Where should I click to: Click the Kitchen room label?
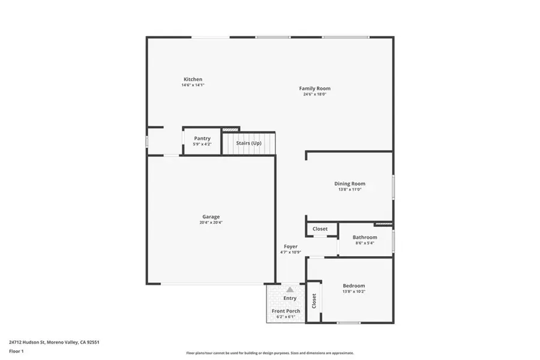pos(193,79)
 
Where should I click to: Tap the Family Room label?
pos(315,88)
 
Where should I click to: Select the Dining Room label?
pos(350,184)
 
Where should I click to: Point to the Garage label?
pos(211,217)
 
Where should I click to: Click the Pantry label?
pos(202,139)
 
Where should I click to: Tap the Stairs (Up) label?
pos(248,143)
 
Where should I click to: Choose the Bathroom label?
pos(365,237)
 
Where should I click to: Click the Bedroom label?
pos(353,286)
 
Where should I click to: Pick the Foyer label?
pos(290,246)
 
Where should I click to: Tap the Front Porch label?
pos(286,311)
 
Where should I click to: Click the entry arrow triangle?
pos(290,289)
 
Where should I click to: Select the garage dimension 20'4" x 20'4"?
pos(211,223)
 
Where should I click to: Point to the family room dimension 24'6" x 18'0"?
pos(315,94)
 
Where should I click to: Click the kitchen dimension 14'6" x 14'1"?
pos(193,85)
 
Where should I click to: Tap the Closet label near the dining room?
pos(320,229)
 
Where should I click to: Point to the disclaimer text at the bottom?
pos(270,353)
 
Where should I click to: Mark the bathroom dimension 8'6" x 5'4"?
pos(365,243)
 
